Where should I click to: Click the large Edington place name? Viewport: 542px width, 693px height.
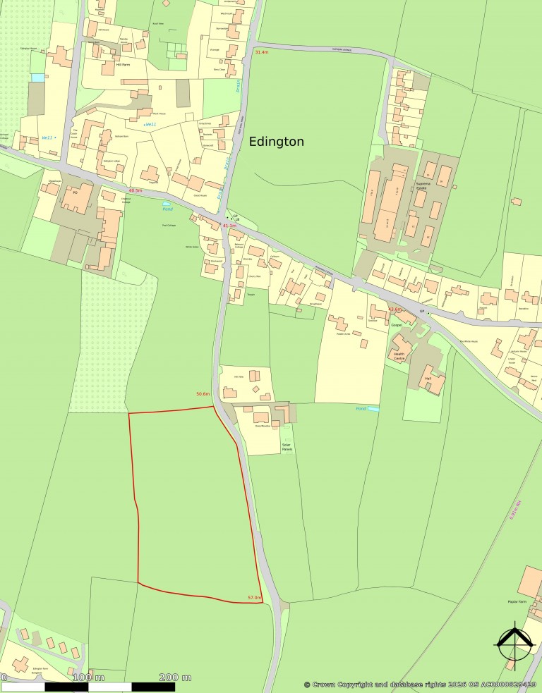pyautogui.click(x=277, y=142)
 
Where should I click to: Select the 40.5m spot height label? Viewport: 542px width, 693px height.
pyautogui.click(x=135, y=190)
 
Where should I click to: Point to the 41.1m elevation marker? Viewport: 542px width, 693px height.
pyautogui.click(x=229, y=225)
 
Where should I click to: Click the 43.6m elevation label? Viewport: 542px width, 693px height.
pyautogui.click(x=395, y=309)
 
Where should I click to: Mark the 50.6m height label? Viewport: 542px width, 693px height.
pyautogui.click(x=203, y=394)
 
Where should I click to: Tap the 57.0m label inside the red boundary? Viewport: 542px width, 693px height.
pyautogui.click(x=255, y=598)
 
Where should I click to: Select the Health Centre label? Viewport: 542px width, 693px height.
pyautogui.click(x=399, y=357)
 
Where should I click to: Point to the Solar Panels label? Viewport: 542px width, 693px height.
pyautogui.click(x=287, y=447)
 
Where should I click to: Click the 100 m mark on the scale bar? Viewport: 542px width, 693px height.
pyautogui.click(x=89, y=677)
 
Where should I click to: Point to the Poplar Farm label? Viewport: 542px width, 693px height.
pyautogui.click(x=517, y=601)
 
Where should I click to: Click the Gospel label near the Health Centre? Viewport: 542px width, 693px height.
pyautogui.click(x=395, y=326)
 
